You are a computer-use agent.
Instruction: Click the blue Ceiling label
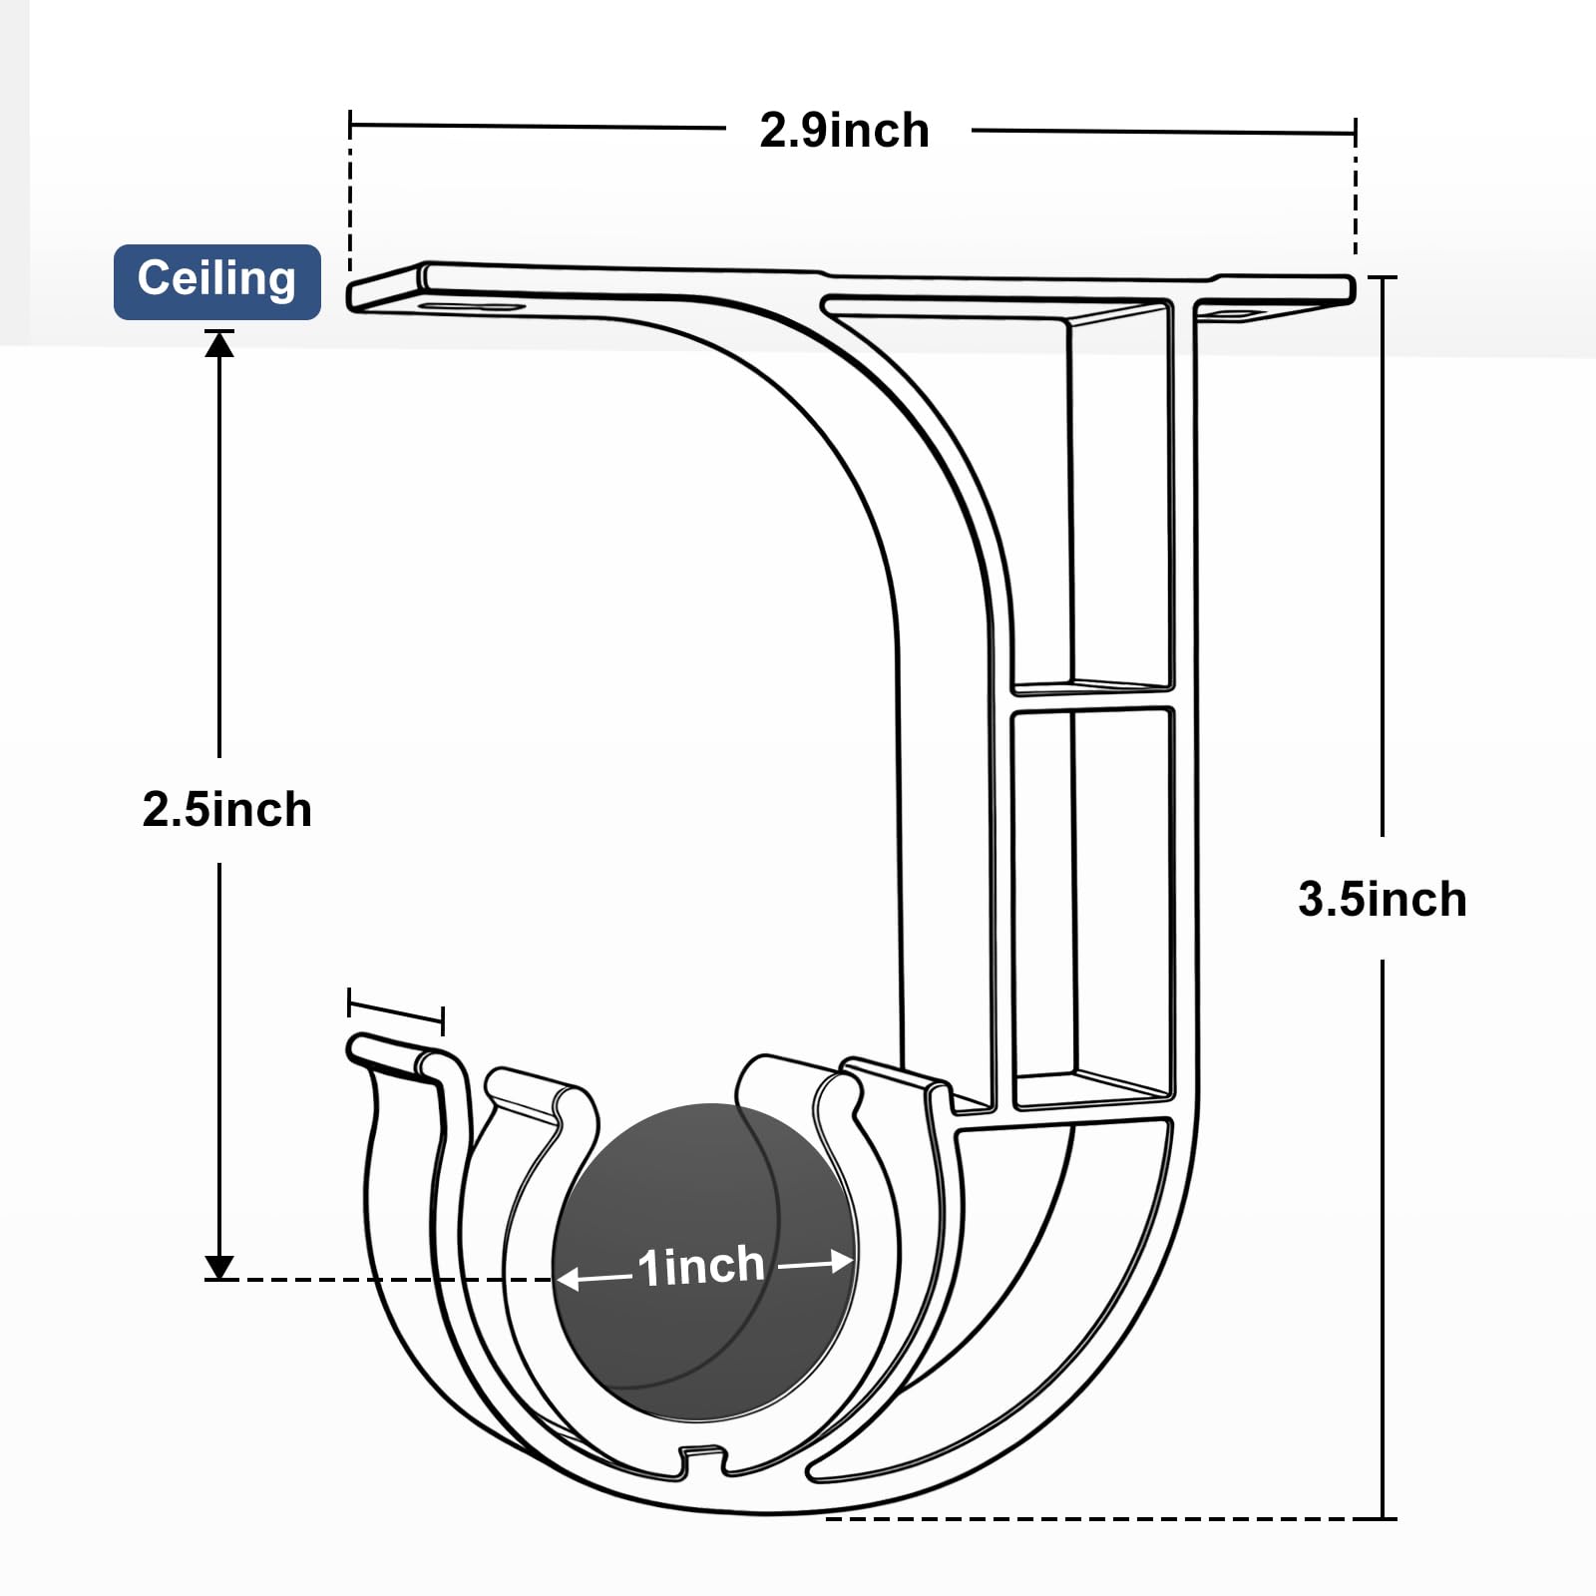217,281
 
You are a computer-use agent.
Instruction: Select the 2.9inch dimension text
844,131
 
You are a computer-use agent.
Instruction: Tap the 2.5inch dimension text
227,809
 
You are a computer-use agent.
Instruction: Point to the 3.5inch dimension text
1383,899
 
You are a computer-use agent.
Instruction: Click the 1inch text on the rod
701,1267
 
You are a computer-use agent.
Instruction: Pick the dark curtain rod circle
705,1263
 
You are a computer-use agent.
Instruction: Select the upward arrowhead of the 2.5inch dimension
219,344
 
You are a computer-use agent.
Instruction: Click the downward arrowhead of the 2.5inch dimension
219,1267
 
